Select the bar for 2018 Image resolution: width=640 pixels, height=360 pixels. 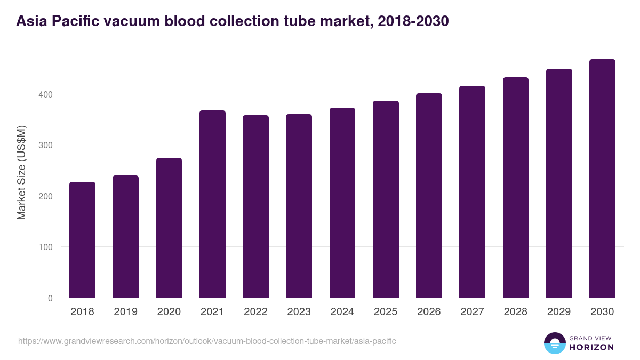(82, 240)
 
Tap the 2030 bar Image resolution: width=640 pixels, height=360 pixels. (602, 179)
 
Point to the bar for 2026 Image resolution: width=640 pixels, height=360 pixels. (429, 196)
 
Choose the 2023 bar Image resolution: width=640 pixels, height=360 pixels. (299, 206)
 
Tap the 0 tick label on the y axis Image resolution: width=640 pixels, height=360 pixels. (51, 298)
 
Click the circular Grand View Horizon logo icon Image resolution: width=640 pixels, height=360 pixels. (554, 343)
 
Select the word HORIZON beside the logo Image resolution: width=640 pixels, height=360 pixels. (591, 347)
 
